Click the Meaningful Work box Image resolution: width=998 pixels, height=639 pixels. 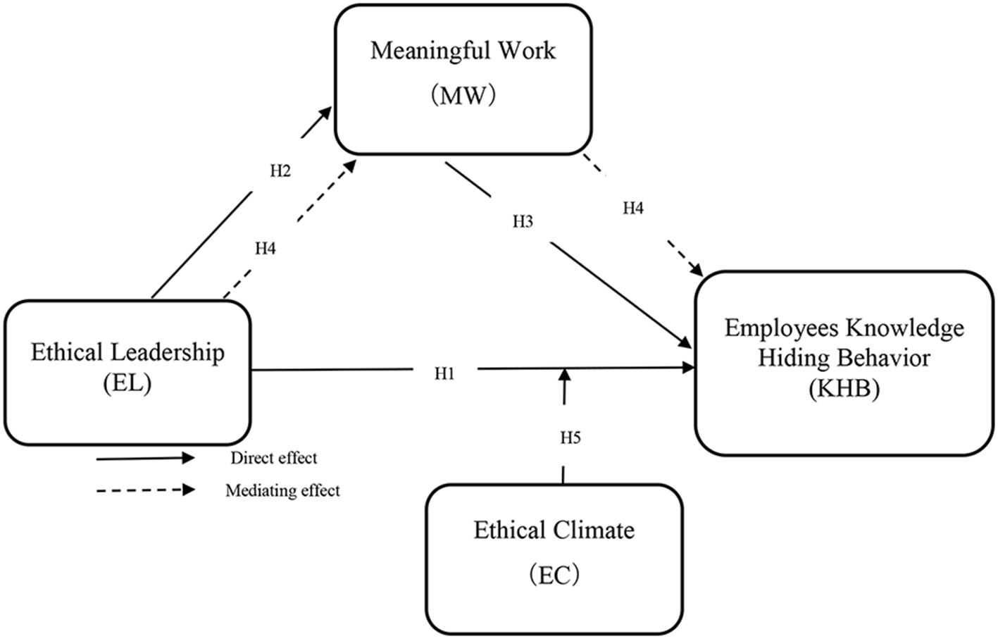tap(463, 79)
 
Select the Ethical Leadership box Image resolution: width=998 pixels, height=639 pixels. tap(127, 372)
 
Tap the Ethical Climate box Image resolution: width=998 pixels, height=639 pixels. tap(554, 558)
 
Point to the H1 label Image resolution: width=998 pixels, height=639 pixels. tap(444, 373)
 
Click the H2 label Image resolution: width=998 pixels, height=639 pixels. tap(280, 171)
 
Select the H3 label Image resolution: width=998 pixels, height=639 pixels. tap(523, 223)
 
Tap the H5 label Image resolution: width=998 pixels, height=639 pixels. tap(570, 438)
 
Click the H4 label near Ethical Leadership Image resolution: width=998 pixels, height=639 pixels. tap(266, 248)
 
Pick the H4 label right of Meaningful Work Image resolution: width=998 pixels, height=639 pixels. tap(633, 209)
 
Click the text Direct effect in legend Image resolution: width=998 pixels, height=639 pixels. tap(274, 458)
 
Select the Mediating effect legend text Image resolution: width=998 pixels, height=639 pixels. tap(282, 490)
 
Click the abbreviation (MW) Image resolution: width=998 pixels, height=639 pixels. tap(463, 94)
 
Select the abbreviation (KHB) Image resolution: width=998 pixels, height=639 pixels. tap(844, 389)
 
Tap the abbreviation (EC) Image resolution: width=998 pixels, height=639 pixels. tap(554, 576)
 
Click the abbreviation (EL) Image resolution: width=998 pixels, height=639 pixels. tap(127, 384)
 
